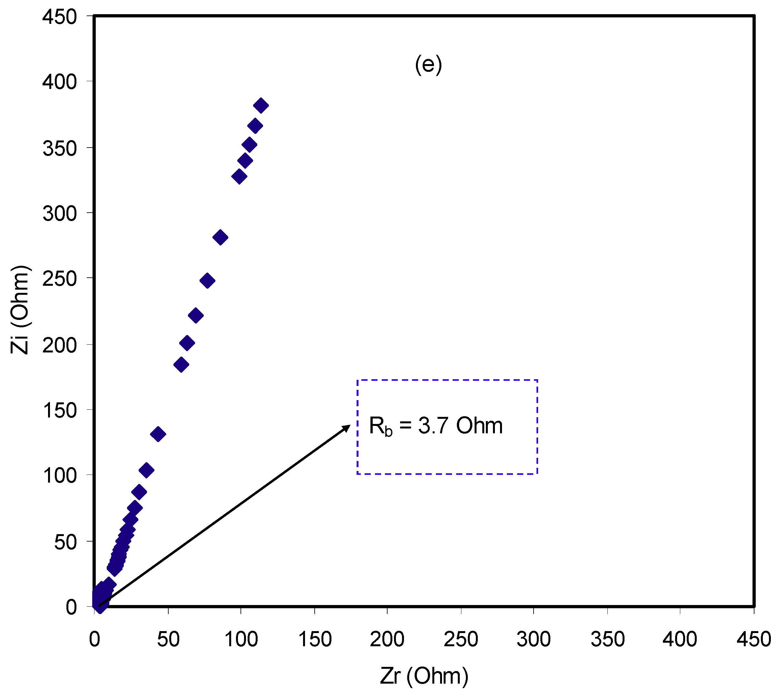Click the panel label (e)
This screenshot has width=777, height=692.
pos(428,65)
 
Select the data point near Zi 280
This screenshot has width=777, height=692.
pos(220,237)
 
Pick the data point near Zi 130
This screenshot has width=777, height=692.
pos(158,434)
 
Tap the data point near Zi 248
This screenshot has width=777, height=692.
pos(207,281)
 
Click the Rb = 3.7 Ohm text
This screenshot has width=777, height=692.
pos(436,426)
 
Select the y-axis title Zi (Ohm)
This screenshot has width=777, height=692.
pos(20,310)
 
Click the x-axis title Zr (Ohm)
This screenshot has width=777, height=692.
pos(424,676)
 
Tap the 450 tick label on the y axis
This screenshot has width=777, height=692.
pos(59,17)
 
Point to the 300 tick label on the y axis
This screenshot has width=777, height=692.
pos(59,213)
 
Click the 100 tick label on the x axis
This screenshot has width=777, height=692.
pos(241,639)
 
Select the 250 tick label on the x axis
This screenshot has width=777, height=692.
pos(460,639)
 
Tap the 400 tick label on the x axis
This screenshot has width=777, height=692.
pos(680,639)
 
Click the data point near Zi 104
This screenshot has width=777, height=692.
pos(146,470)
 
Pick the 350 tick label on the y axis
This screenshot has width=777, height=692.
pos(59,148)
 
